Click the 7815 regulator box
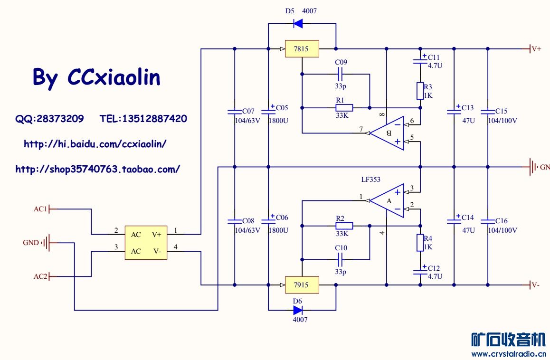(x=302, y=49)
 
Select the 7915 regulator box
(x=302, y=285)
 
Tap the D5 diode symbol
(x=298, y=22)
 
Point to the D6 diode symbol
(x=298, y=310)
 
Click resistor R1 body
(x=344, y=107)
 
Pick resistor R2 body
(x=344, y=226)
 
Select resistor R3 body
(x=420, y=91)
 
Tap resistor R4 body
(x=420, y=242)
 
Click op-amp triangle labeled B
(x=387, y=133)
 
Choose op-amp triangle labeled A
(x=387, y=201)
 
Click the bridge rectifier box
(x=146, y=243)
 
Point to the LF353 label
(x=370, y=180)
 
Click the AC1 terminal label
(x=40, y=209)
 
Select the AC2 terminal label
(x=40, y=276)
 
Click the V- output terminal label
(x=535, y=285)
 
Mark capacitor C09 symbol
(x=341, y=74)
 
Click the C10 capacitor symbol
(x=341, y=259)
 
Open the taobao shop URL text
(x=98, y=169)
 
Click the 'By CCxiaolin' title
(x=96, y=77)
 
